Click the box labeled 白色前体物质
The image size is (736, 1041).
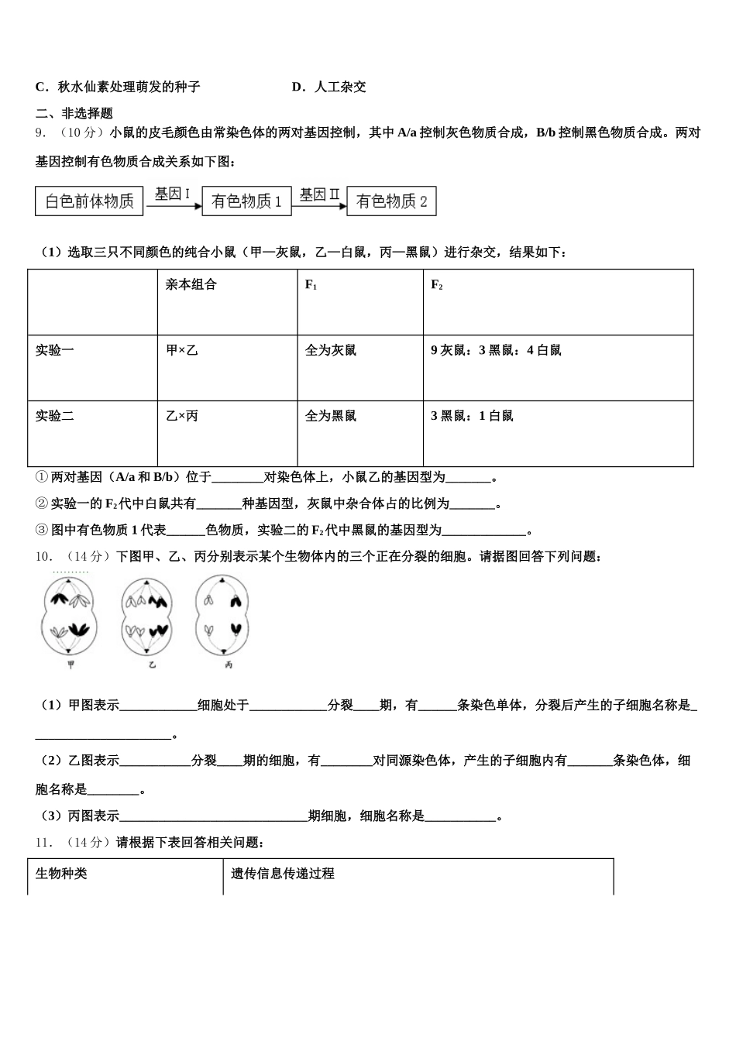(90, 201)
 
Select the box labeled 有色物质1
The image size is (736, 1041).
(247, 201)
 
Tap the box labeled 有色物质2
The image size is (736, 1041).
(391, 201)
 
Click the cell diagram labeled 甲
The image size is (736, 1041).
(71, 617)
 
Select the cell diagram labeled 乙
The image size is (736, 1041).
(151, 617)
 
